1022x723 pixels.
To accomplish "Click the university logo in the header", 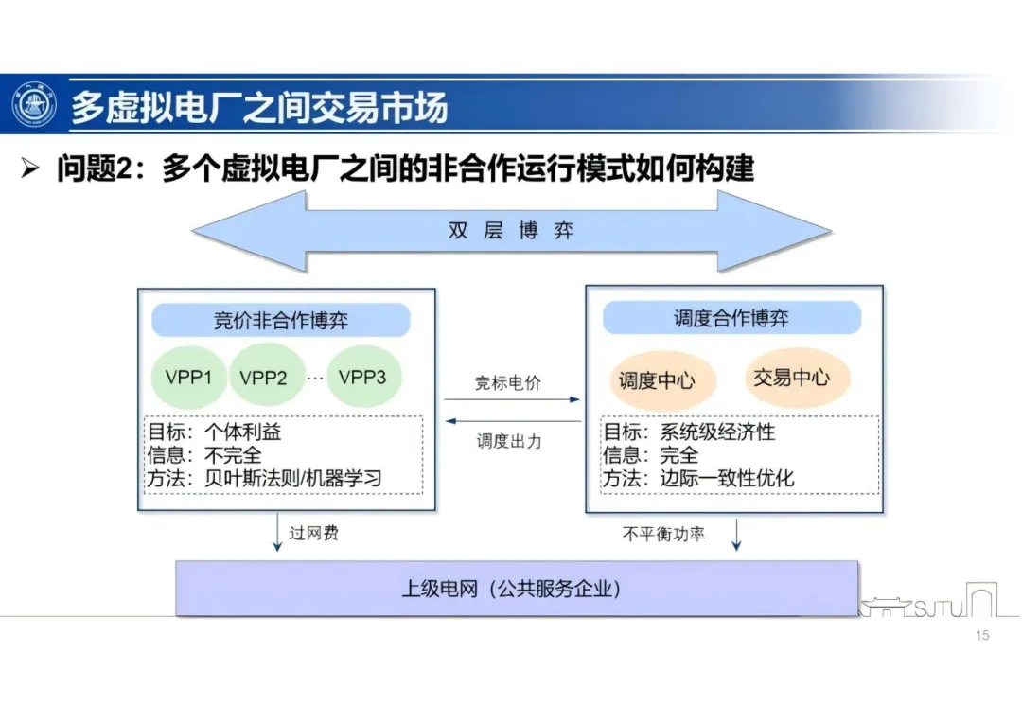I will click(34, 106).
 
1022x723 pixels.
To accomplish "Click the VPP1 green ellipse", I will click(188, 377).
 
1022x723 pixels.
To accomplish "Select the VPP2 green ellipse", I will click(263, 378).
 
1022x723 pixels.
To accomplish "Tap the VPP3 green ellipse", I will click(362, 377).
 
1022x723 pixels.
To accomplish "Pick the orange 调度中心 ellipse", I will click(657, 381).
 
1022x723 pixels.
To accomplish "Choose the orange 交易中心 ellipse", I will click(791, 378).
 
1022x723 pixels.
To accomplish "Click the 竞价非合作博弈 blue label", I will click(281, 321).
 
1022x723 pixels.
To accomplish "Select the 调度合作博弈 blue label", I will click(731, 319).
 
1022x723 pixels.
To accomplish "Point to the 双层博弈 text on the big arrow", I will click(511, 231).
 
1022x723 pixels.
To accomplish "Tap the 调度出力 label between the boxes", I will click(509, 441).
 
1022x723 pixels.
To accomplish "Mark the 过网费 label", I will click(313, 533).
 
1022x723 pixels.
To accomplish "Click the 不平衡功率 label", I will click(663, 534).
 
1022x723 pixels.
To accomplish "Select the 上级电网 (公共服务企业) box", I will click(517, 589).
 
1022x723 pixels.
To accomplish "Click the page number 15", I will click(981, 636).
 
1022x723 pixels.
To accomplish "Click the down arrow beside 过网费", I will click(277, 532).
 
